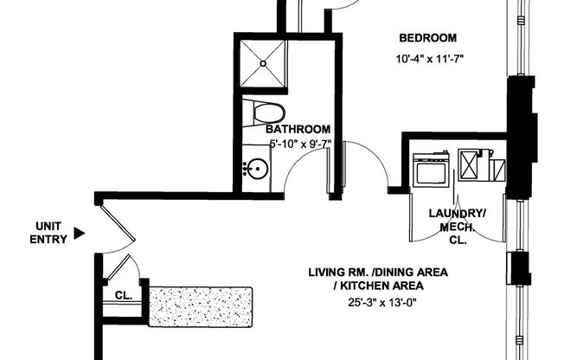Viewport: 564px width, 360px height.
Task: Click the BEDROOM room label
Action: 426,38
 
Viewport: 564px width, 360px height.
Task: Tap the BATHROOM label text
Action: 298,130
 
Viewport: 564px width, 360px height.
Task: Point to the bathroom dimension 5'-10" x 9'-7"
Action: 300,144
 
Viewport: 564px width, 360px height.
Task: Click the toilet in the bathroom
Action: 264,112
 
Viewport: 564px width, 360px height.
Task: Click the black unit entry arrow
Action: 80,233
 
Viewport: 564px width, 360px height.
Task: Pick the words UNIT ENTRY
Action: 48,234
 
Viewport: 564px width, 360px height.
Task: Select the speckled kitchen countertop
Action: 200,307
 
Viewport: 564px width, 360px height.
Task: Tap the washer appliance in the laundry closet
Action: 431,168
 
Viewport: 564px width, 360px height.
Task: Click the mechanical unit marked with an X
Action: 473,164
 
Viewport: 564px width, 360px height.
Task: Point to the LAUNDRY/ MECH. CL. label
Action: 458,227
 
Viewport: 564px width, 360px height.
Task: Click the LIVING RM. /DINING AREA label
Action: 378,272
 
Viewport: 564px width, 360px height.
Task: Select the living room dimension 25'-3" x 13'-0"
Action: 378,301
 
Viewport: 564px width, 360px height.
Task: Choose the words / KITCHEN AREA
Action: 378,286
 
